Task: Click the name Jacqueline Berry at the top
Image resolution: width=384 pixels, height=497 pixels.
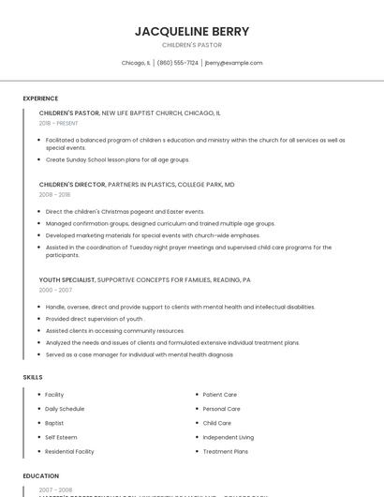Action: pyautogui.click(x=192, y=31)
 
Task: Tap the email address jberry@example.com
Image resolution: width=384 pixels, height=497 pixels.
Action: pyautogui.click(x=233, y=63)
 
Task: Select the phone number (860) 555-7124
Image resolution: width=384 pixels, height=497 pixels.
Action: pyautogui.click(x=177, y=63)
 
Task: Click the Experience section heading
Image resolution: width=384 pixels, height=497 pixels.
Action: pyautogui.click(x=40, y=98)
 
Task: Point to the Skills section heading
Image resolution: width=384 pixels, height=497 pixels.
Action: pyautogui.click(x=33, y=377)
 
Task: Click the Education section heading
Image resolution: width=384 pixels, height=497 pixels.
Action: pyautogui.click(x=41, y=476)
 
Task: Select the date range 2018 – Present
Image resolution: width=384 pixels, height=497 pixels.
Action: pyautogui.click(x=59, y=123)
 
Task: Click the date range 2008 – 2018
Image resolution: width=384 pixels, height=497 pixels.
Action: pyautogui.click(x=54, y=195)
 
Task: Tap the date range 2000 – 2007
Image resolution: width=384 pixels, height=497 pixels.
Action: pyautogui.click(x=54, y=290)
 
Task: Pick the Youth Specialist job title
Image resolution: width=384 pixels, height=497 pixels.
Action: pyautogui.click(x=67, y=279)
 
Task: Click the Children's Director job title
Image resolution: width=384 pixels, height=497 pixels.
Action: pyautogui.click(x=69, y=185)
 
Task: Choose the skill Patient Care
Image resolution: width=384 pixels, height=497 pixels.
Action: pyautogui.click(x=220, y=395)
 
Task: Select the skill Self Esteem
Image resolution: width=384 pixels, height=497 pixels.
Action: pyautogui.click(x=62, y=437)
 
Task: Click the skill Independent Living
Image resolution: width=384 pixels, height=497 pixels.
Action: pyautogui.click(x=228, y=437)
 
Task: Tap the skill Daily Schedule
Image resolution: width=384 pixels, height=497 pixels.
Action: pyautogui.click(x=65, y=409)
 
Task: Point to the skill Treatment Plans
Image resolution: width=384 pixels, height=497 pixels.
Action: pyautogui.click(x=225, y=451)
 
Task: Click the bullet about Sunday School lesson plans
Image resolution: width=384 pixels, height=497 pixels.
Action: pyautogui.click(x=117, y=159)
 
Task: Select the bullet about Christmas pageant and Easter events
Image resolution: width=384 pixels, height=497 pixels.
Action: pyautogui.click(x=125, y=212)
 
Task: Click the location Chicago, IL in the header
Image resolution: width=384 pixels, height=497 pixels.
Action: pyautogui.click(x=136, y=63)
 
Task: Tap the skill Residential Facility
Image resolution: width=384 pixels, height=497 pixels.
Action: pyautogui.click(x=69, y=451)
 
